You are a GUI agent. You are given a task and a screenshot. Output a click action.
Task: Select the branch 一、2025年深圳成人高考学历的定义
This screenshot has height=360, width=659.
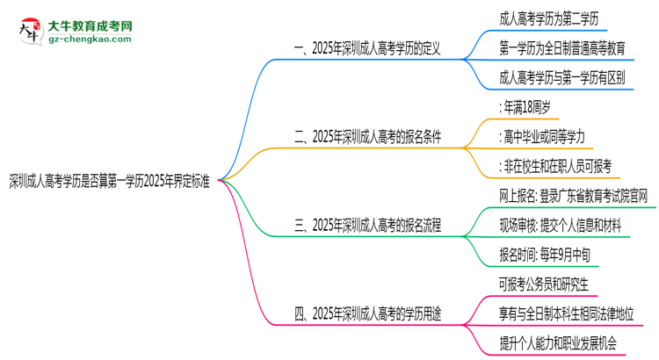[x=376, y=49]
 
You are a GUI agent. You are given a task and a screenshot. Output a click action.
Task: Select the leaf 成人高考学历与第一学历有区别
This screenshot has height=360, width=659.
[x=561, y=77]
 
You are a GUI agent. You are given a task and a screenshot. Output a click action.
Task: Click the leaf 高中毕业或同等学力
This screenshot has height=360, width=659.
[x=540, y=136]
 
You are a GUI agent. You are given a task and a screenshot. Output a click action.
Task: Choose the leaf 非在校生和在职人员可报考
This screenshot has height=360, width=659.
[x=554, y=165]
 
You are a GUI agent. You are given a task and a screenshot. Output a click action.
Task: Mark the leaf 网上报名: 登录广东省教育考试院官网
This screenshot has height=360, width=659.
[x=572, y=195]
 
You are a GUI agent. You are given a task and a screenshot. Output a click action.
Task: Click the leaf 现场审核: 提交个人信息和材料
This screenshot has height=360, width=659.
[x=559, y=224]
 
